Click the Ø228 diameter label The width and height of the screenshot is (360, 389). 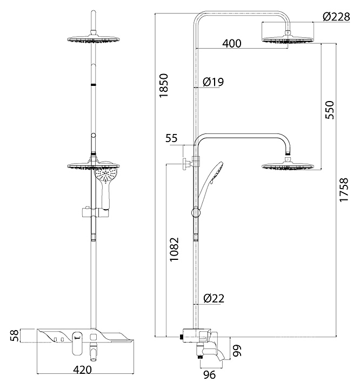336,17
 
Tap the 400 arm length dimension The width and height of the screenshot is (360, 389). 231,44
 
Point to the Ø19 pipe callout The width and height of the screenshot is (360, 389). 213,82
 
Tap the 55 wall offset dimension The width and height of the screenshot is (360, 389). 171,138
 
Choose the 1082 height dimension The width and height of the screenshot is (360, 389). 174,248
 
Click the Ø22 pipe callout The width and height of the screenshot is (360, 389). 214,298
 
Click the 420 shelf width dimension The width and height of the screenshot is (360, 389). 82,370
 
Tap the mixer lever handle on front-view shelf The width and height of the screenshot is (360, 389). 77,343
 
